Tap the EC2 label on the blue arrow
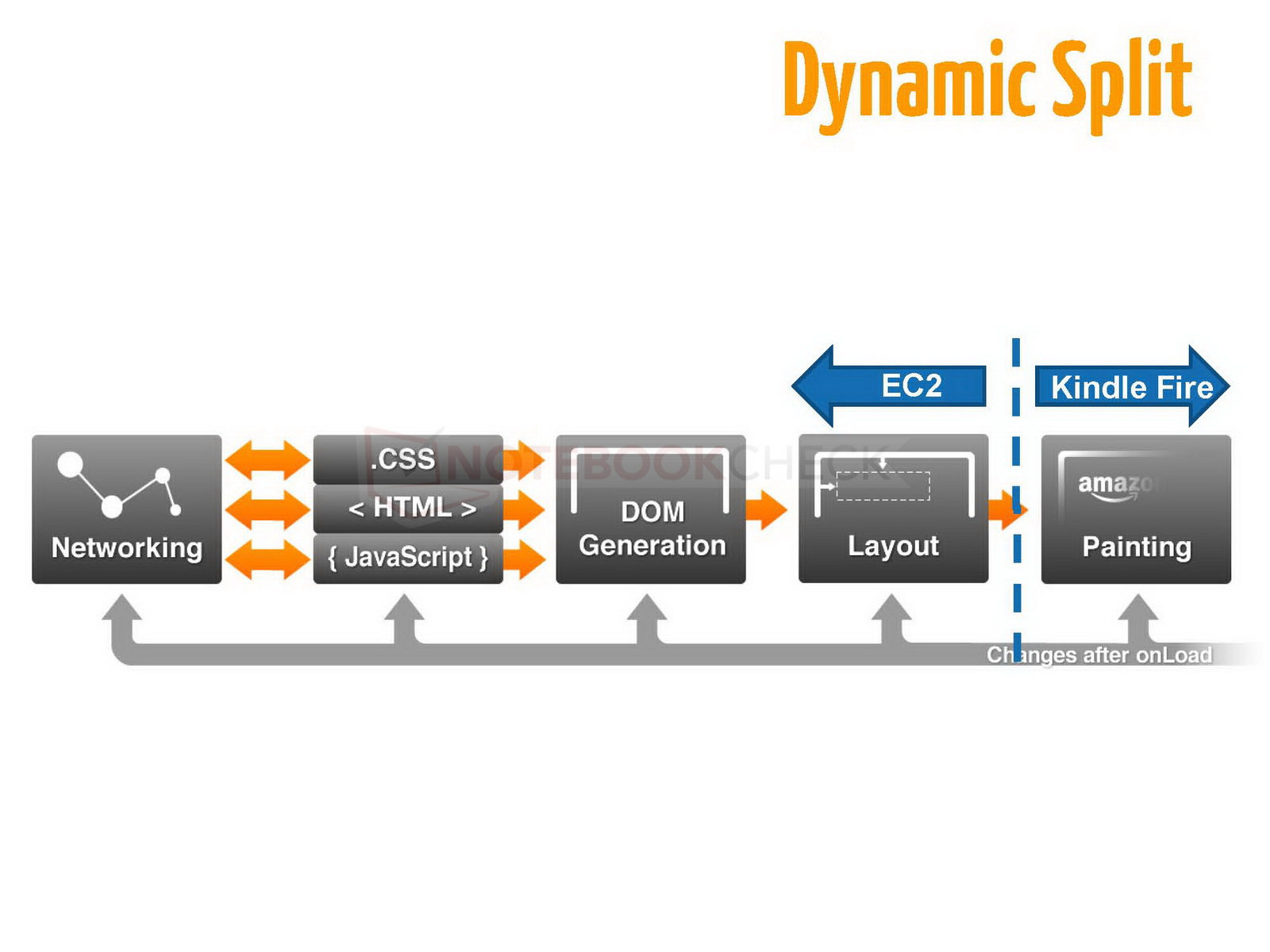(x=911, y=386)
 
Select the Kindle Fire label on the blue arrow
(x=1132, y=387)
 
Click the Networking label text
(x=127, y=548)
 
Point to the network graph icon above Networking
(x=119, y=484)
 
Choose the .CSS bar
(x=407, y=459)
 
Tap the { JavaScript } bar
(x=408, y=558)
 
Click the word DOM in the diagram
(x=652, y=512)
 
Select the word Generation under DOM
(x=652, y=546)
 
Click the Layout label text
(x=893, y=547)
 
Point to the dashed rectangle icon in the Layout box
(x=883, y=486)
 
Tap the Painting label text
(x=1137, y=547)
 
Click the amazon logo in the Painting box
(x=1115, y=486)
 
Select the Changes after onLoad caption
(x=1099, y=655)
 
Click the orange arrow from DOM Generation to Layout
(x=766, y=509)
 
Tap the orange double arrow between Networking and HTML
(x=267, y=509)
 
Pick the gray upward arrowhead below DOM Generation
(x=648, y=611)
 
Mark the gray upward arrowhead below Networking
(x=122, y=611)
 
